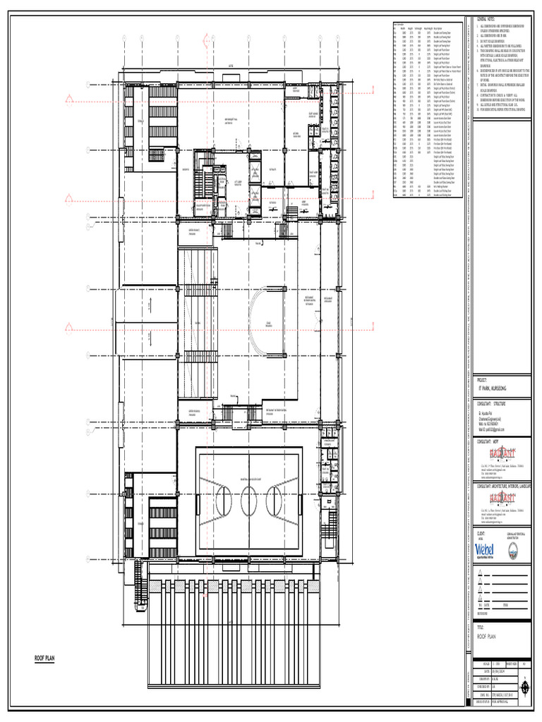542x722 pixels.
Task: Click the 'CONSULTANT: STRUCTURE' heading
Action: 489,404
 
